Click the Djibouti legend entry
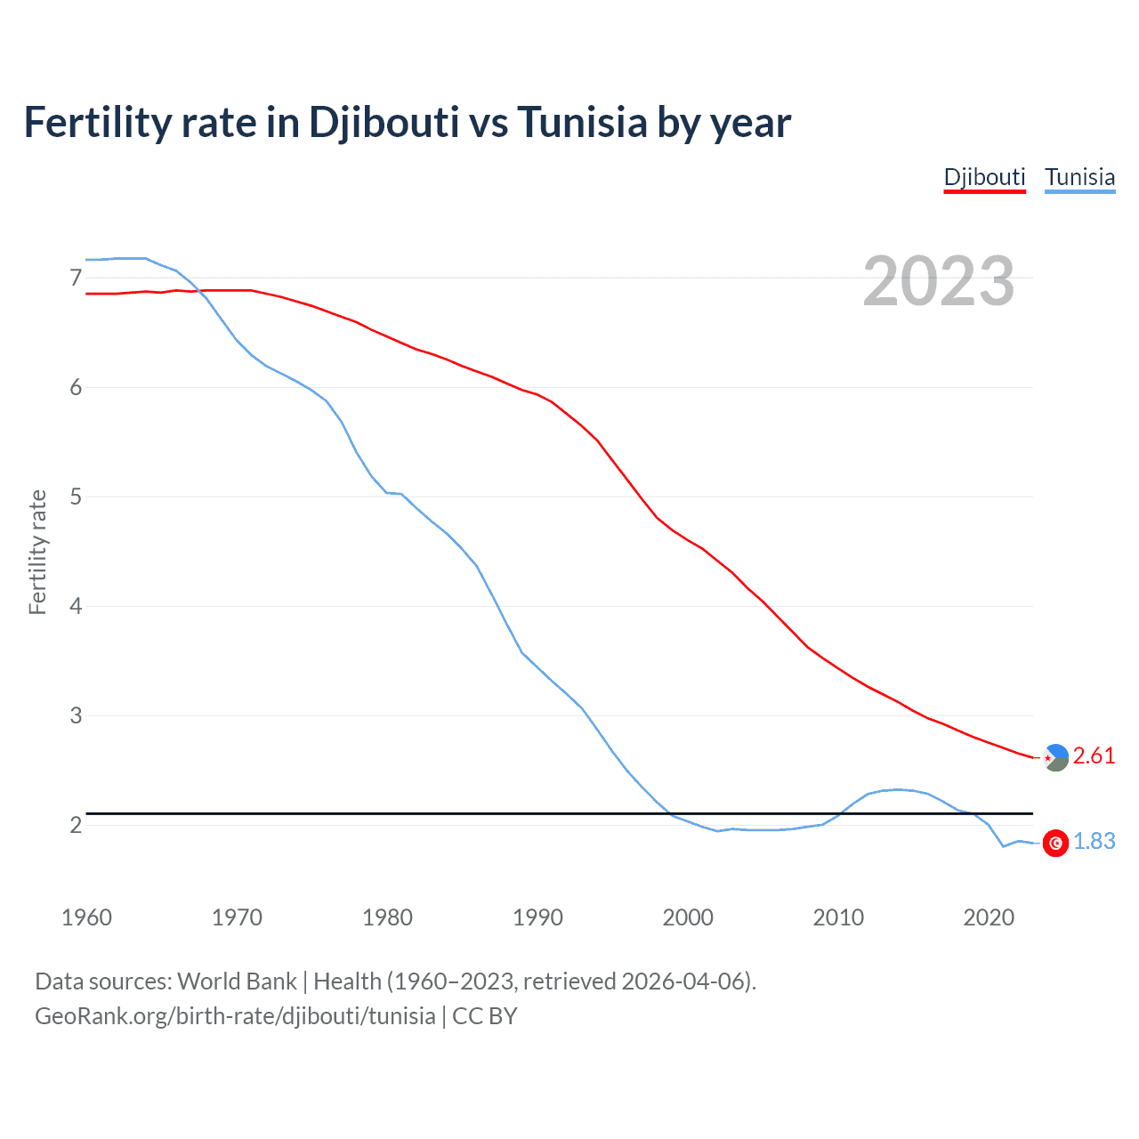984,177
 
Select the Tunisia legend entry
1079,177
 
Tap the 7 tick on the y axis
76,279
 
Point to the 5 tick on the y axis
76,497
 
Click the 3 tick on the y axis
76,715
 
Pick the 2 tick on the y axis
76,825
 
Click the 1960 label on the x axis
86,917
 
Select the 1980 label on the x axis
387,917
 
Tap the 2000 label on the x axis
688,917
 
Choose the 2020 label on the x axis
989,917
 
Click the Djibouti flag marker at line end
1055,757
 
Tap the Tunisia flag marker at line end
1055,843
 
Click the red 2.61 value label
1094,756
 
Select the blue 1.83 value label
1094,842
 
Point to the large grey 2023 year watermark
938,282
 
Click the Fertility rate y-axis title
37,552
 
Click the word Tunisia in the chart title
582,123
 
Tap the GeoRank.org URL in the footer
235,1016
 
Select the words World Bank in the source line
237,981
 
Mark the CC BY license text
485,1016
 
